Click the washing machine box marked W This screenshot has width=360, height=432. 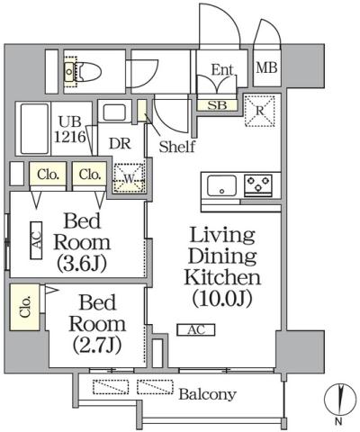pyautogui.click(x=128, y=176)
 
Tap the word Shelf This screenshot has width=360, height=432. pyautogui.click(x=176, y=148)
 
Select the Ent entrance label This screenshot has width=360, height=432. pyautogui.click(x=222, y=69)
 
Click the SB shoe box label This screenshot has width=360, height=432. pyautogui.click(x=218, y=105)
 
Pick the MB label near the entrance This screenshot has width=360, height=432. pyautogui.click(x=267, y=67)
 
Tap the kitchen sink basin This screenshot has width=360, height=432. pyautogui.click(x=220, y=186)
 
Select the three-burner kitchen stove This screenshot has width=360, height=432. pyautogui.click(x=258, y=186)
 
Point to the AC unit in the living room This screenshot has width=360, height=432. pyautogui.click(x=195, y=330)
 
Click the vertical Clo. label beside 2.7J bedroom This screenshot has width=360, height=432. pyautogui.click(x=23, y=307)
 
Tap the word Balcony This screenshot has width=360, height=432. pyautogui.click(x=207, y=394)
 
